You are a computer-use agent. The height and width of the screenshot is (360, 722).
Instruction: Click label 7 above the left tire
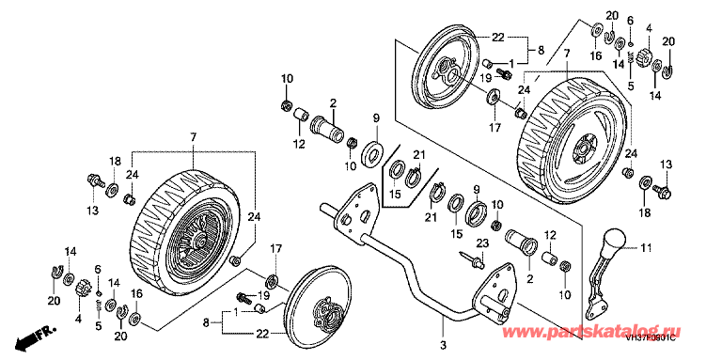195,138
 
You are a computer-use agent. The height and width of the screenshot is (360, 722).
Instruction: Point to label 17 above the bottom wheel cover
276,248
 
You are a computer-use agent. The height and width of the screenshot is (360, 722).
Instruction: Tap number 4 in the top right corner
647,29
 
